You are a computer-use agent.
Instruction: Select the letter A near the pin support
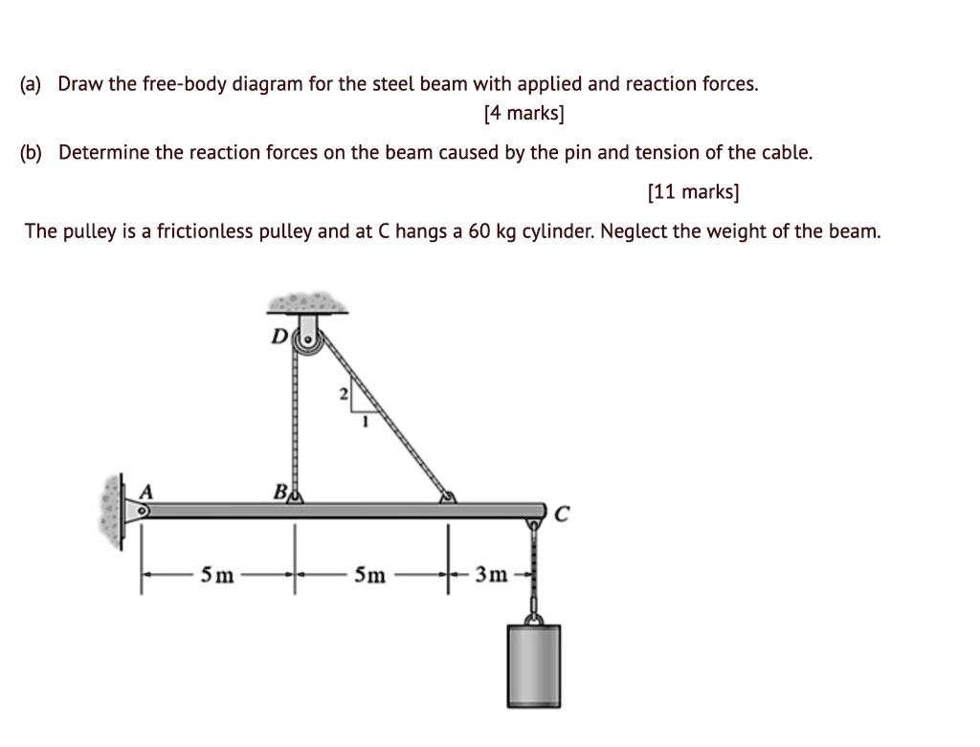pyautogui.click(x=146, y=490)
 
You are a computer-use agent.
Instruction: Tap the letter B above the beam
pyautogui.click(x=278, y=493)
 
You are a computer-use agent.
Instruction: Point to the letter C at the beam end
pyautogui.click(x=563, y=516)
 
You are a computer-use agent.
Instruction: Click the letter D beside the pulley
pyautogui.click(x=280, y=337)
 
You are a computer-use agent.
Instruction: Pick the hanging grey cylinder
pyautogui.click(x=534, y=664)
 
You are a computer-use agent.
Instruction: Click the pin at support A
pyautogui.click(x=142, y=512)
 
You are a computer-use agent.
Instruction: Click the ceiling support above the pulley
pyautogui.click(x=308, y=302)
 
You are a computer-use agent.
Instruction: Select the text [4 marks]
pyautogui.click(x=524, y=115)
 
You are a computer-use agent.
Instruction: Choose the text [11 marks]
pyautogui.click(x=693, y=192)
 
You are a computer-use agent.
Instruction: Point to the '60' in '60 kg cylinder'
pyautogui.click(x=479, y=231)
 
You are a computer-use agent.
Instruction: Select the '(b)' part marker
pyautogui.click(x=35, y=152)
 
